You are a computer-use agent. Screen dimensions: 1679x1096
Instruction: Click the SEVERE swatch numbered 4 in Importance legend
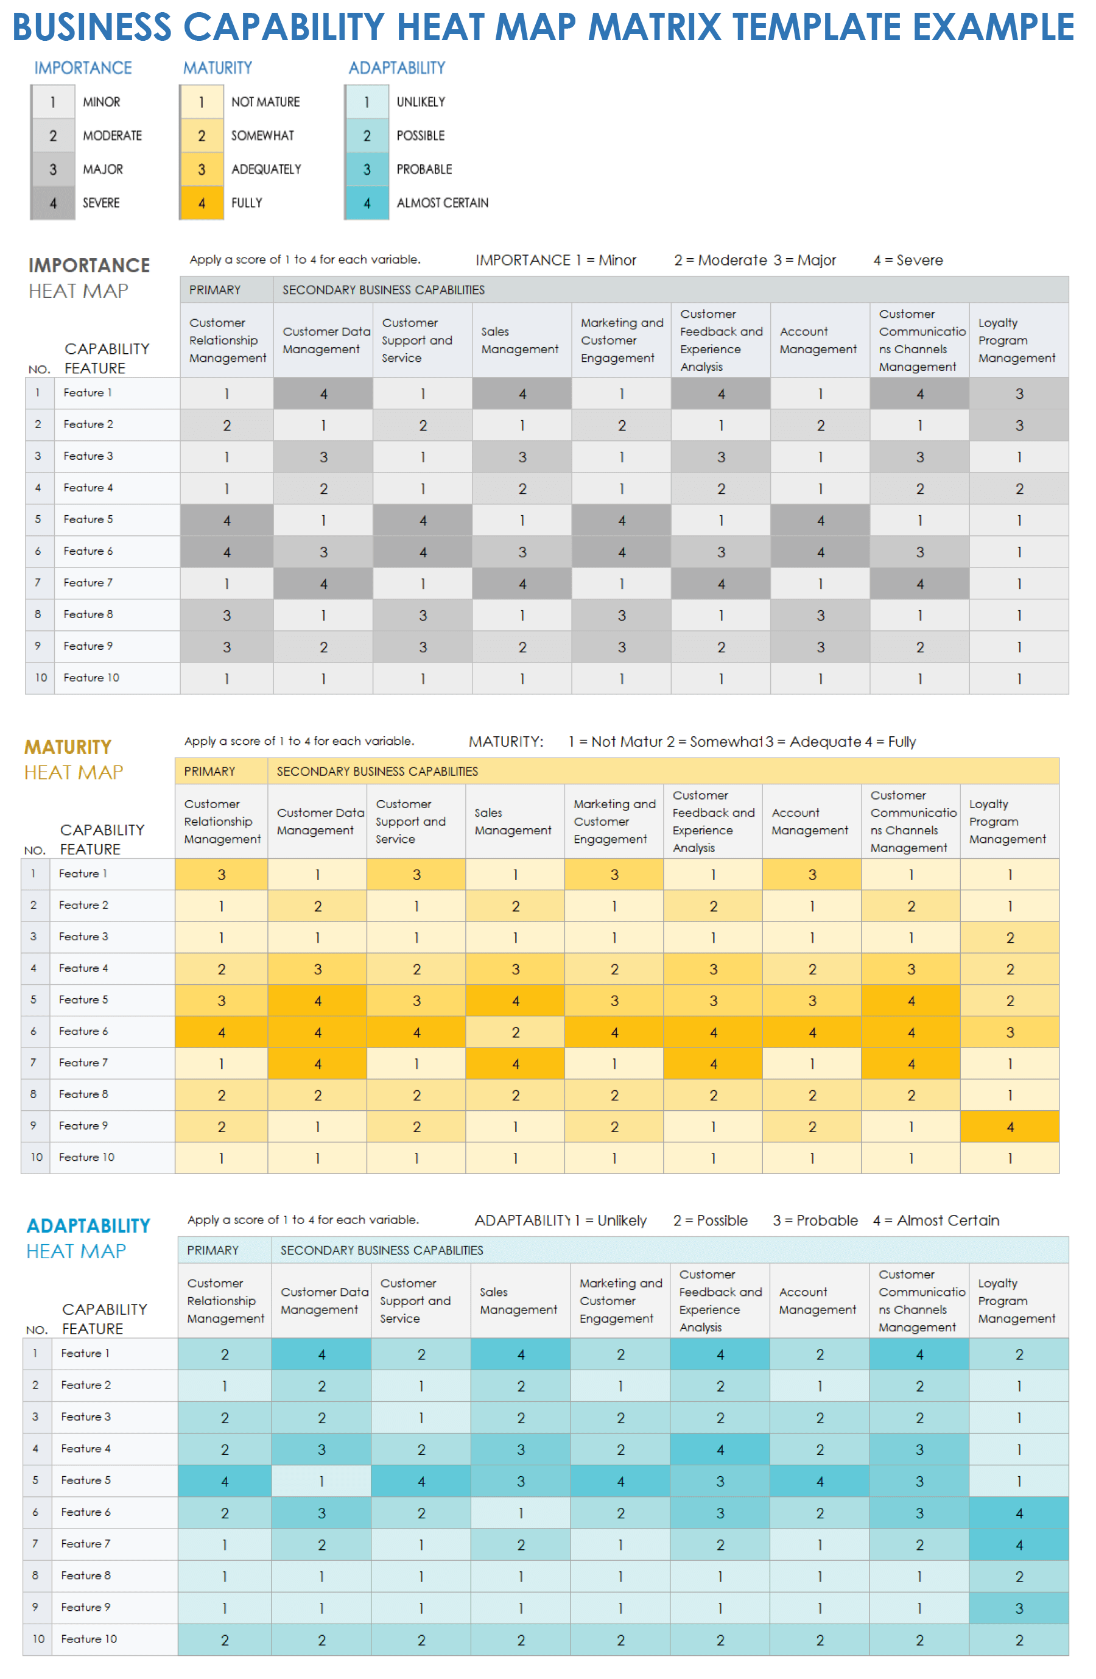(x=53, y=203)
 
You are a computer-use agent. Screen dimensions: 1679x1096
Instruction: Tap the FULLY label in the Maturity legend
(x=246, y=203)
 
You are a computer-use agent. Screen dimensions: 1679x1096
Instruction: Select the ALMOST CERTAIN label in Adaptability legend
(x=441, y=203)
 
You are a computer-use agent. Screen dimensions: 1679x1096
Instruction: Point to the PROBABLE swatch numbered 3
(x=367, y=169)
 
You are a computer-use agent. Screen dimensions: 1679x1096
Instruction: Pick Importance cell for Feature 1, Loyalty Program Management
(x=1019, y=393)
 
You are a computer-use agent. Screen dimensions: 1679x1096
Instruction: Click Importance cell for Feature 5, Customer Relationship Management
(x=227, y=521)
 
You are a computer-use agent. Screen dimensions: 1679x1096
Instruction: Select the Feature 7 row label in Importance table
(x=88, y=583)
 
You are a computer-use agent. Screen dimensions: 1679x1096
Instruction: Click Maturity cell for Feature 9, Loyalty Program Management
(x=1010, y=1127)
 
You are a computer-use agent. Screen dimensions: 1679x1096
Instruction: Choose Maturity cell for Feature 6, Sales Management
(x=515, y=1032)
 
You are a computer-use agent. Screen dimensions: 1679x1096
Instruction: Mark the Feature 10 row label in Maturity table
(x=86, y=1158)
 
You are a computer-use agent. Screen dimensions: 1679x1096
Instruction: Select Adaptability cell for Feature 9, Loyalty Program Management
(x=1019, y=1609)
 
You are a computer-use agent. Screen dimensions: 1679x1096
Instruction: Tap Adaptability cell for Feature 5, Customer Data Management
(x=321, y=1482)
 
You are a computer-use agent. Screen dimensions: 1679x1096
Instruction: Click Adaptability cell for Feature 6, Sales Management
(x=521, y=1513)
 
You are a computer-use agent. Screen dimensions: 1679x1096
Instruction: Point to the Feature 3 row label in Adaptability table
(x=86, y=1417)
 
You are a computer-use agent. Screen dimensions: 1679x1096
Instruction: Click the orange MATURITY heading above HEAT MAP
(x=68, y=747)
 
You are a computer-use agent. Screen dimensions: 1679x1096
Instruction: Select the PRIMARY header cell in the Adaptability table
(x=213, y=1251)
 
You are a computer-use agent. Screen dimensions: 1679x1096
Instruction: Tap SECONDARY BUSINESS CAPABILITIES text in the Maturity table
(x=378, y=772)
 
